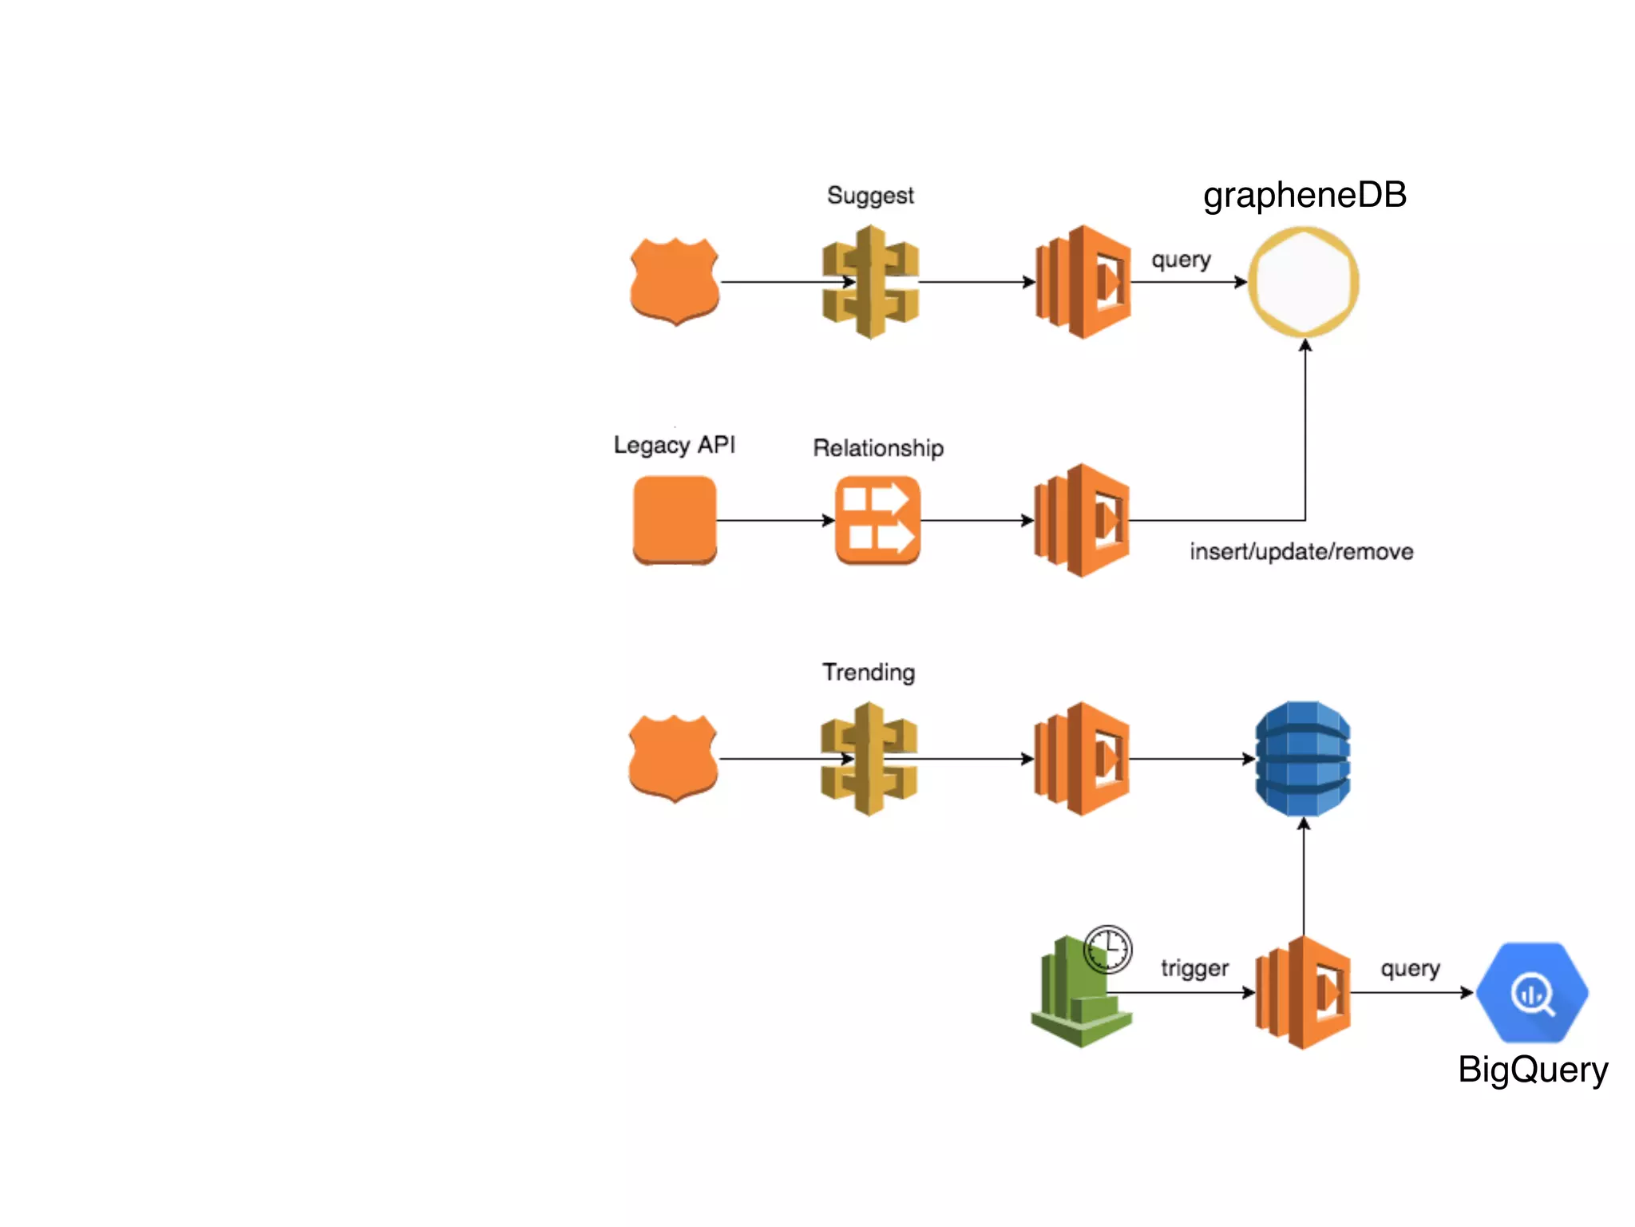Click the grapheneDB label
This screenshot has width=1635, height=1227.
click(x=1304, y=196)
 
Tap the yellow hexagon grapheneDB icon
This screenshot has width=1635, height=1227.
click(x=1304, y=281)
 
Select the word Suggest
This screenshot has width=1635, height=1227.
click(x=870, y=196)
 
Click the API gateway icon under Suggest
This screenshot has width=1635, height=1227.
click(x=870, y=281)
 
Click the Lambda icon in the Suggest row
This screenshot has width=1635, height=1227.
click(x=1083, y=281)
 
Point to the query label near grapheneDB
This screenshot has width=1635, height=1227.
click(x=1181, y=260)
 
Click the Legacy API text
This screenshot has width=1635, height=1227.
click(x=675, y=445)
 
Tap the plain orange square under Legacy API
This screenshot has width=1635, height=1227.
click(x=675, y=520)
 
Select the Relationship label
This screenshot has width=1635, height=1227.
click(x=878, y=448)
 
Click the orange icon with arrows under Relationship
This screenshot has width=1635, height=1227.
click(x=877, y=520)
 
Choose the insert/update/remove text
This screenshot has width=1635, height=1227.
click(x=1301, y=552)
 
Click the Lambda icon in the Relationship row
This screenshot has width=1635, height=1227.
click(x=1082, y=520)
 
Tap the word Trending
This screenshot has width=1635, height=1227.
click(x=869, y=673)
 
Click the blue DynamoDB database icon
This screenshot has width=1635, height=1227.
click(x=1303, y=758)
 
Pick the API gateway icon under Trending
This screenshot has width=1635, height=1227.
click(x=869, y=758)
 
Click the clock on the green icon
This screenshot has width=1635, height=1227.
click(x=1108, y=950)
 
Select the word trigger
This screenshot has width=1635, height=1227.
click(x=1194, y=968)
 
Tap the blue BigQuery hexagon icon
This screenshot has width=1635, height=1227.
click(x=1532, y=993)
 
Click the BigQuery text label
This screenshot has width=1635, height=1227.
click(x=1533, y=1070)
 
